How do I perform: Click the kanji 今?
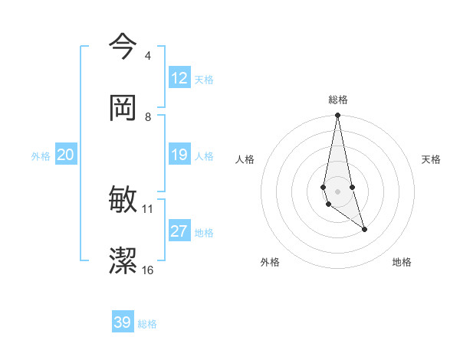[x=123, y=46]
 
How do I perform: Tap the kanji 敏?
[x=123, y=200]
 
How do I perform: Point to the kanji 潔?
[x=123, y=260]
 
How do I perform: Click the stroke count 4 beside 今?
[x=147, y=56]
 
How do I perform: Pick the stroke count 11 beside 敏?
[x=148, y=208]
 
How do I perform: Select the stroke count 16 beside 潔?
[x=148, y=270]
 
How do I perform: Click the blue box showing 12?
[x=179, y=78]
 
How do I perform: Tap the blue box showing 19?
[x=179, y=155]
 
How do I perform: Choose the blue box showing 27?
[x=179, y=231]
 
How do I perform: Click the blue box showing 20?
[x=66, y=155]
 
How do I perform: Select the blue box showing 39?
[x=123, y=322]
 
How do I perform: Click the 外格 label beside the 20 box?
[x=41, y=156]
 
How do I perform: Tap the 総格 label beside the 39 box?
[x=147, y=324]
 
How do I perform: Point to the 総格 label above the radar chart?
[x=338, y=100]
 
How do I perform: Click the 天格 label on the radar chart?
[x=432, y=159]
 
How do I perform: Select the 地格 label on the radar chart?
[x=402, y=262]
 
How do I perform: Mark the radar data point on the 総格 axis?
[x=337, y=116]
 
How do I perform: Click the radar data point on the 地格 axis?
[x=365, y=229]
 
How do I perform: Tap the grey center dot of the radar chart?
[x=337, y=191]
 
